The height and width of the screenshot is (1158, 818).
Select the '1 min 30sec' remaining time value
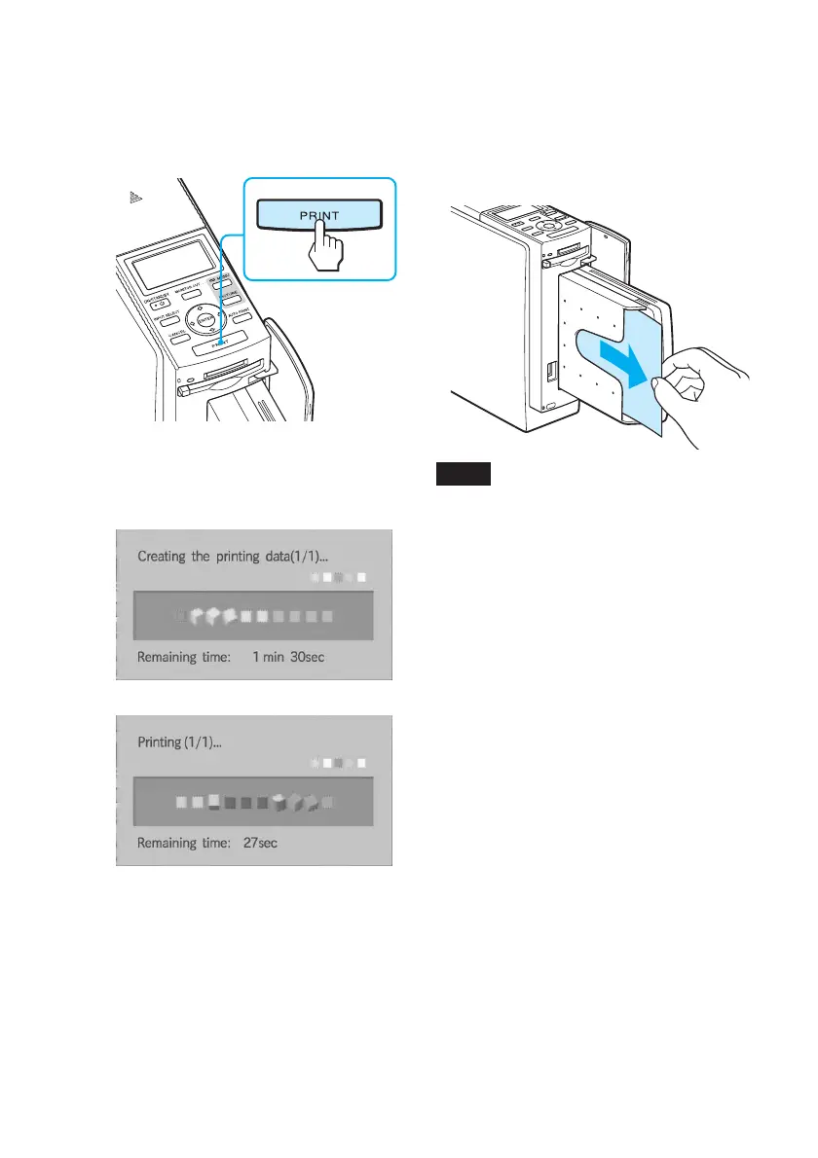pyautogui.click(x=288, y=657)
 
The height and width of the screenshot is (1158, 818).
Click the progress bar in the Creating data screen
pyautogui.click(x=253, y=616)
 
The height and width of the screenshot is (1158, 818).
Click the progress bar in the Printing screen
pyautogui.click(x=253, y=803)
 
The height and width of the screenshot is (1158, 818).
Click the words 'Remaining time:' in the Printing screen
pyautogui.click(x=182, y=843)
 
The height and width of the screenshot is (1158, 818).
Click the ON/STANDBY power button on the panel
pyautogui.click(x=139, y=301)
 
